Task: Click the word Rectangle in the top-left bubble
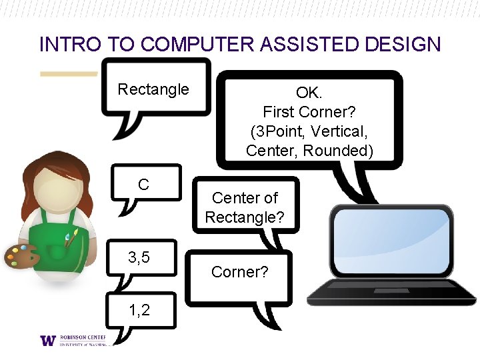[153, 89]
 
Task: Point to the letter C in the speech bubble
[143, 185]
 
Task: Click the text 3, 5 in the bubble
[139, 256]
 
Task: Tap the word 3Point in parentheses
[275, 131]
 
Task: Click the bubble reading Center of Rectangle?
[245, 207]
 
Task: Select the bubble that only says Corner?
[239, 272]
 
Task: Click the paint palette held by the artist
[23, 255]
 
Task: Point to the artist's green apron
[56, 239]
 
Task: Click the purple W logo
[48, 340]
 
